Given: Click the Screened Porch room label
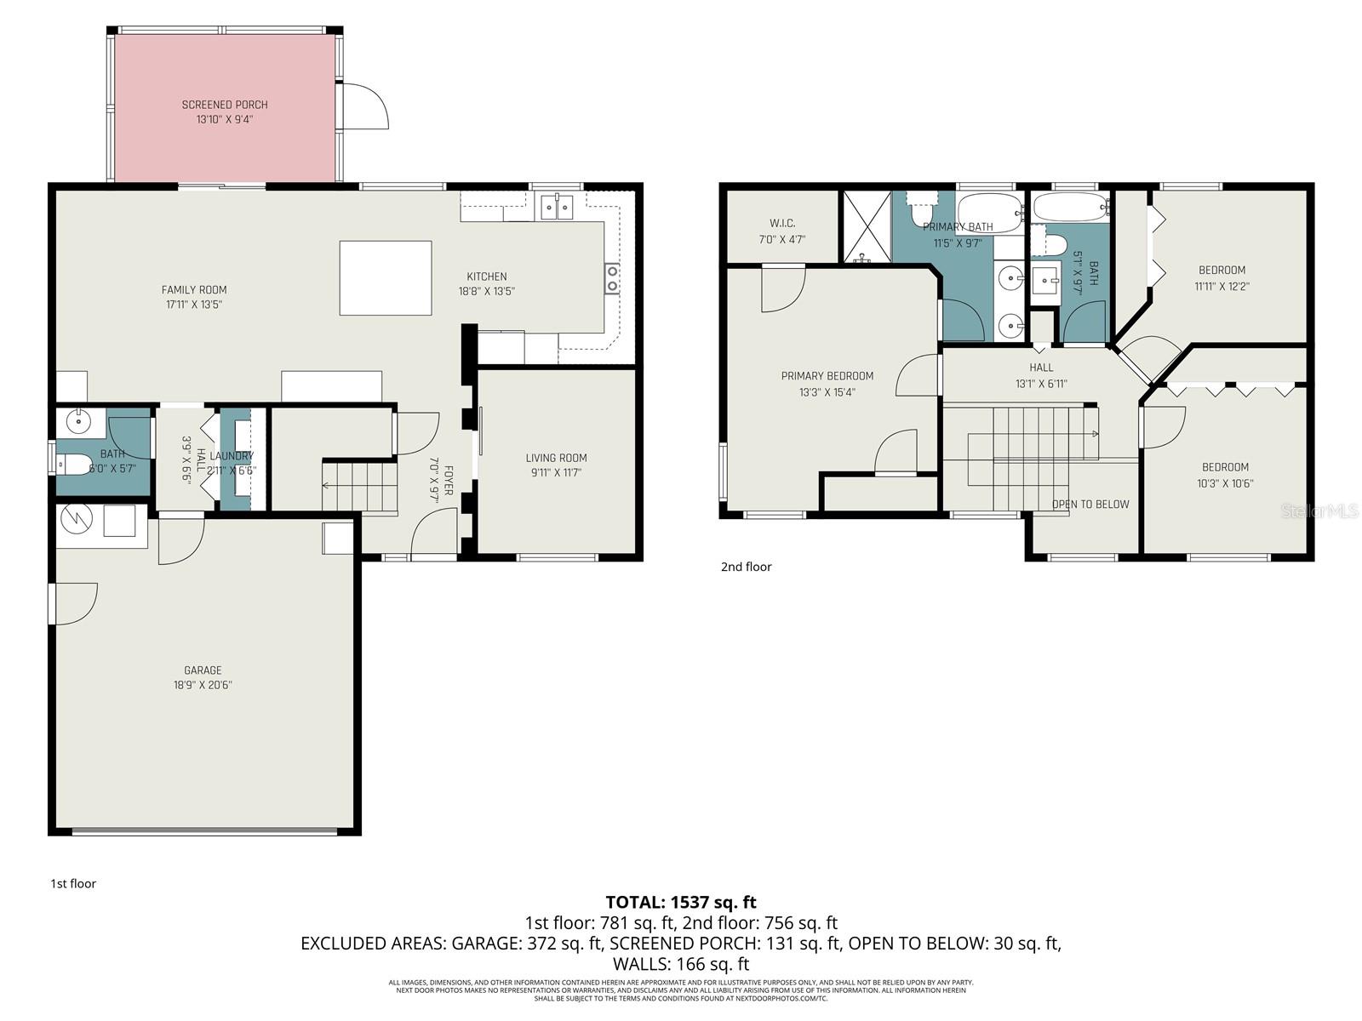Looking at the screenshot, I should point(225,105).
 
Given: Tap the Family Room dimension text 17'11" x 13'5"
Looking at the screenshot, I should point(195,305).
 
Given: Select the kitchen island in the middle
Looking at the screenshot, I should point(385,278).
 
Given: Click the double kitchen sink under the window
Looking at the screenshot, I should point(558,206).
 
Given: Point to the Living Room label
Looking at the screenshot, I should point(556,458).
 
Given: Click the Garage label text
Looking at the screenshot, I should point(203,670).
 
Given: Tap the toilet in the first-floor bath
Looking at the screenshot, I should point(74,465).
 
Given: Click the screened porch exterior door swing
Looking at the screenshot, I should point(364,106).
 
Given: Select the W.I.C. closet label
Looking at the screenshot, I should point(781,224).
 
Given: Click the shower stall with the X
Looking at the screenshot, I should point(866,226).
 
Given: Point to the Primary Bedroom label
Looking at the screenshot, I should point(827,376).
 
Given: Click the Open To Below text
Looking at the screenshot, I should point(1090,505).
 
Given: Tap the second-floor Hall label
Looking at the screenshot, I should point(1041,368).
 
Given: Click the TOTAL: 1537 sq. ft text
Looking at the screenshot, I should point(680,902).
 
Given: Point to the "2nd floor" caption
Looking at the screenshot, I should point(746,567).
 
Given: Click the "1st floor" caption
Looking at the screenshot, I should point(73,883).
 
